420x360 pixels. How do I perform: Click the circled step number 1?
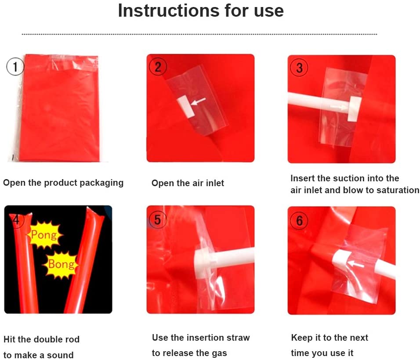(15, 67)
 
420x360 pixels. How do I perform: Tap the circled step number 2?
(158, 67)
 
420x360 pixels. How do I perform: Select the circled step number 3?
(299, 68)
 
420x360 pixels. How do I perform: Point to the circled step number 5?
(157, 220)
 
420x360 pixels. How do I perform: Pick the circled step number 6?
(299, 220)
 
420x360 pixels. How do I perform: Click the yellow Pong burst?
(44, 235)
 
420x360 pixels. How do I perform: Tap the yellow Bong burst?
(61, 264)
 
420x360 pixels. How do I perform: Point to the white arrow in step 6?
(355, 264)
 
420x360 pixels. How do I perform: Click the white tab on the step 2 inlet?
(186, 106)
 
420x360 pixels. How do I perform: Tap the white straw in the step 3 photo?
(324, 104)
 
